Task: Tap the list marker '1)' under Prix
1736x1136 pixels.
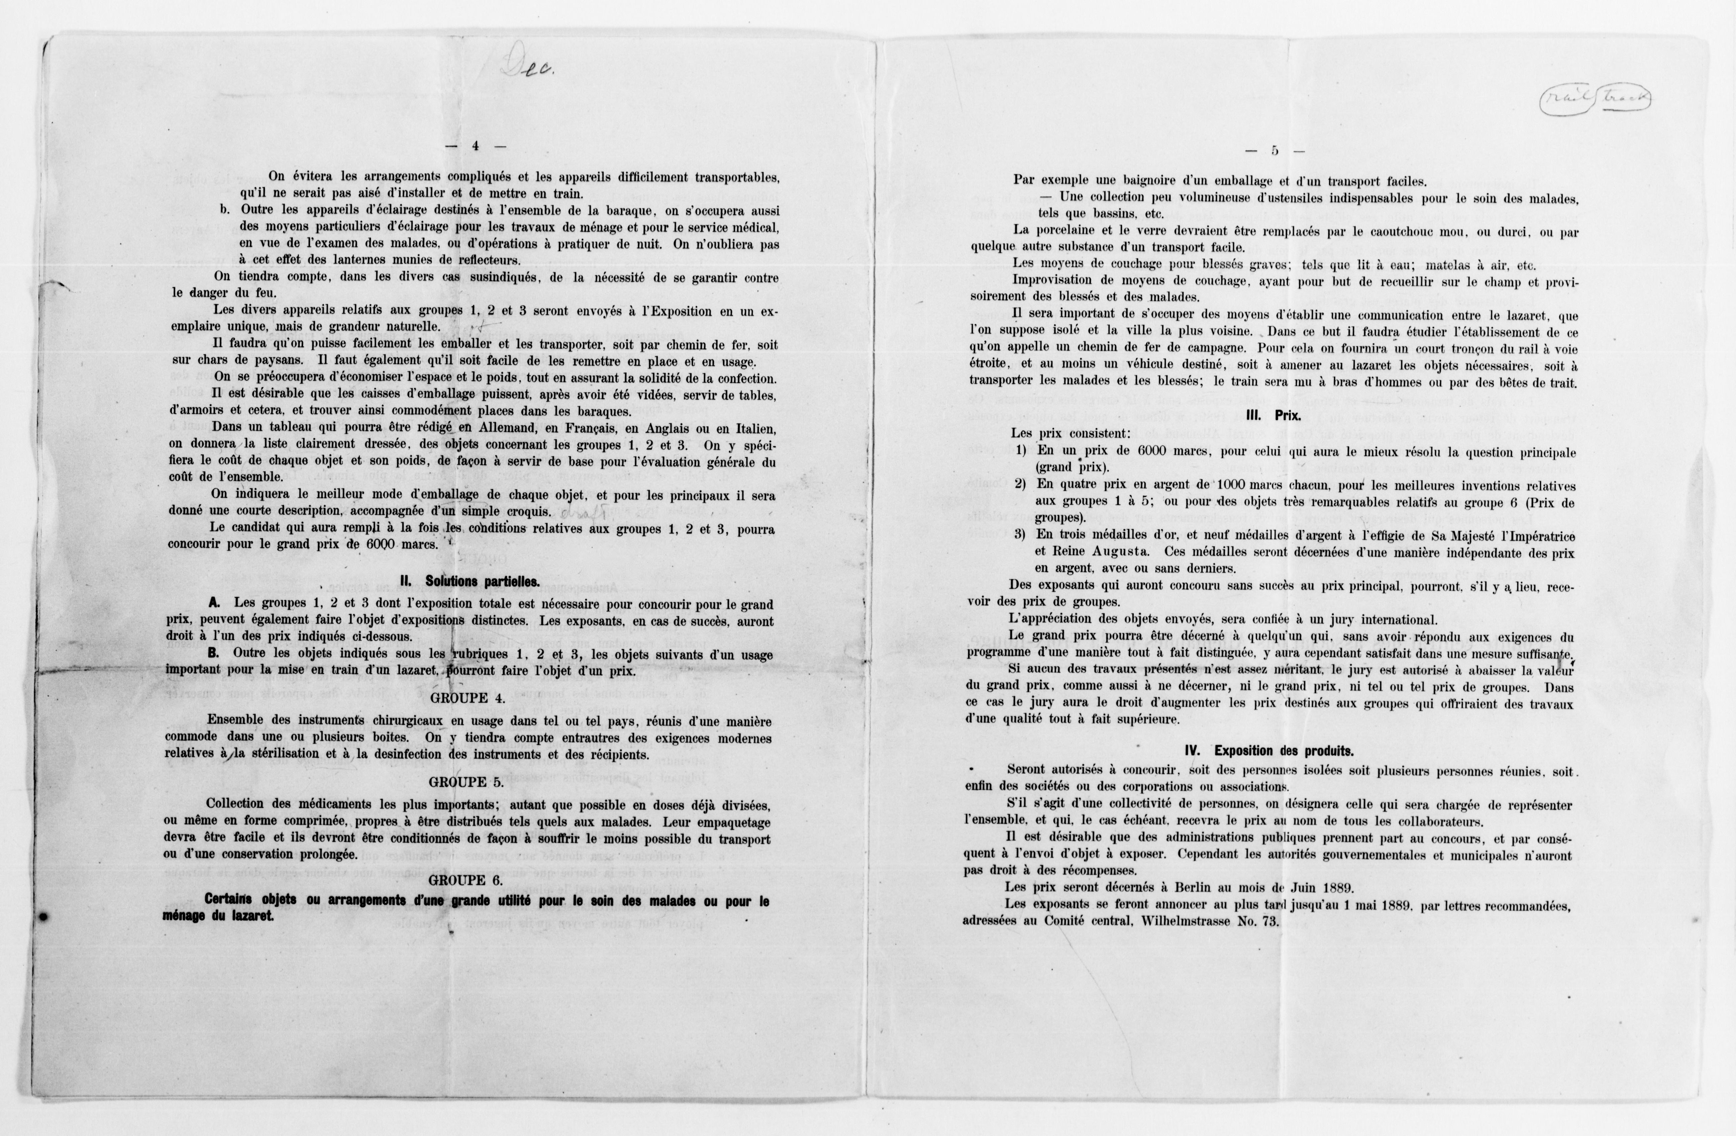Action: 1021,451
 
